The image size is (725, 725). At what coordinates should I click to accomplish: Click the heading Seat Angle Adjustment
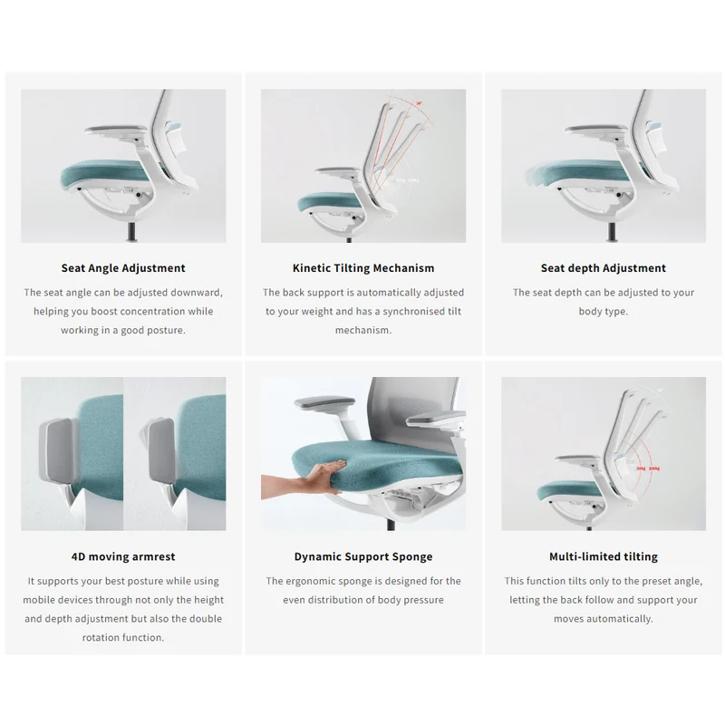tap(123, 268)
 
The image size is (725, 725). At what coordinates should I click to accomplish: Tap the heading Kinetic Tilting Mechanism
tap(363, 268)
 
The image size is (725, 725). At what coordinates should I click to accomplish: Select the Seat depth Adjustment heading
tap(604, 268)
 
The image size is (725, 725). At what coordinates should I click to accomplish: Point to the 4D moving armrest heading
tap(123, 556)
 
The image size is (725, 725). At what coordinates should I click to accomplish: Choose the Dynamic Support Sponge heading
tap(363, 556)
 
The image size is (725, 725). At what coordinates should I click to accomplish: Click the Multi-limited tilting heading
tap(604, 556)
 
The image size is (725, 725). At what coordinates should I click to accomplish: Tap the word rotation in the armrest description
tap(102, 638)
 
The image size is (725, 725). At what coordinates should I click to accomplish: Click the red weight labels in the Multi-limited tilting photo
tap(648, 469)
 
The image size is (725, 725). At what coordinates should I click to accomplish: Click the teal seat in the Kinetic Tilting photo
tap(329, 202)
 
